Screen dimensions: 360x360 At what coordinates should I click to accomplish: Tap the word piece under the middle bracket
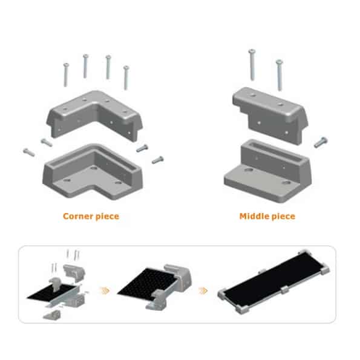(x=284, y=217)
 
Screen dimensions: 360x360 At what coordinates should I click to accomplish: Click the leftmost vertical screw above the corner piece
(x=66, y=75)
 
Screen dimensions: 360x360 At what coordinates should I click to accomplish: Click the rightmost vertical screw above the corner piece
(x=126, y=77)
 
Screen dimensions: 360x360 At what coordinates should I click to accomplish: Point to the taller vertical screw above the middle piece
(x=252, y=65)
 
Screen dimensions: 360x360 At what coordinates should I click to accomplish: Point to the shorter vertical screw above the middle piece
(x=279, y=75)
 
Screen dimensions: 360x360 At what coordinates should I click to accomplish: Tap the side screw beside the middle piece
(x=321, y=142)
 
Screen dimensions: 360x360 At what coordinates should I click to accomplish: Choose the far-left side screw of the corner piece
(x=29, y=152)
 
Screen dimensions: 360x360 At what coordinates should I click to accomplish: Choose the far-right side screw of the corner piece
(x=158, y=160)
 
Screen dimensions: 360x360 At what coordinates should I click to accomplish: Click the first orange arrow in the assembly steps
(x=105, y=290)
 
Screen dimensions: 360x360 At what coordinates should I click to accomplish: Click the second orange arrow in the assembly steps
(x=203, y=290)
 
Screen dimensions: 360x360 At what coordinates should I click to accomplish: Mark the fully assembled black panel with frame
(x=273, y=282)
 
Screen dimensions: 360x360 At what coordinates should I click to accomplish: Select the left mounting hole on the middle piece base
(x=249, y=170)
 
